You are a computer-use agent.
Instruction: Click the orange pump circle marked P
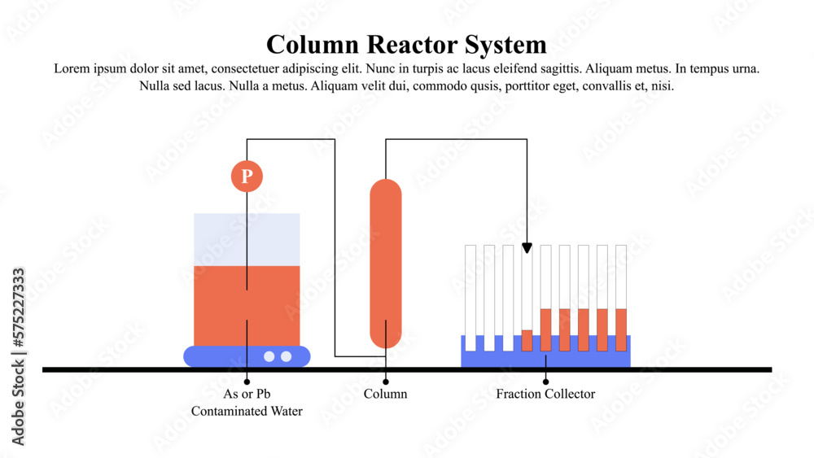[x=247, y=176]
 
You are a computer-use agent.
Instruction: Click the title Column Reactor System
[x=406, y=44]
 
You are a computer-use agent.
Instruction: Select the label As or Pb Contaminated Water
[x=247, y=403]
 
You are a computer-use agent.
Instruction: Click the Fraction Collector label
[x=545, y=394]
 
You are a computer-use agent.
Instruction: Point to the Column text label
[x=385, y=394]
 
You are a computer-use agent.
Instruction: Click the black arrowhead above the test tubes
[x=527, y=247]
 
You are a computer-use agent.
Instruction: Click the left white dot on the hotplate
[x=269, y=356]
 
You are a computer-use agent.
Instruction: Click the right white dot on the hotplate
[x=286, y=356]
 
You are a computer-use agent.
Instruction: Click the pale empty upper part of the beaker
[x=220, y=239]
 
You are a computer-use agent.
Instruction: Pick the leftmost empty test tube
[x=470, y=293]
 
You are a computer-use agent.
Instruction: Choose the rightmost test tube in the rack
[x=621, y=293]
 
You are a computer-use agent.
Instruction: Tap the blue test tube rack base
[x=545, y=359]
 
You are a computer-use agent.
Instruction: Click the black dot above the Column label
[x=385, y=381]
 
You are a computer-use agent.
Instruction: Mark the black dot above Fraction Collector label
[x=545, y=381]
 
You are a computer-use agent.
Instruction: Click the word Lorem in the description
[x=71, y=69]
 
